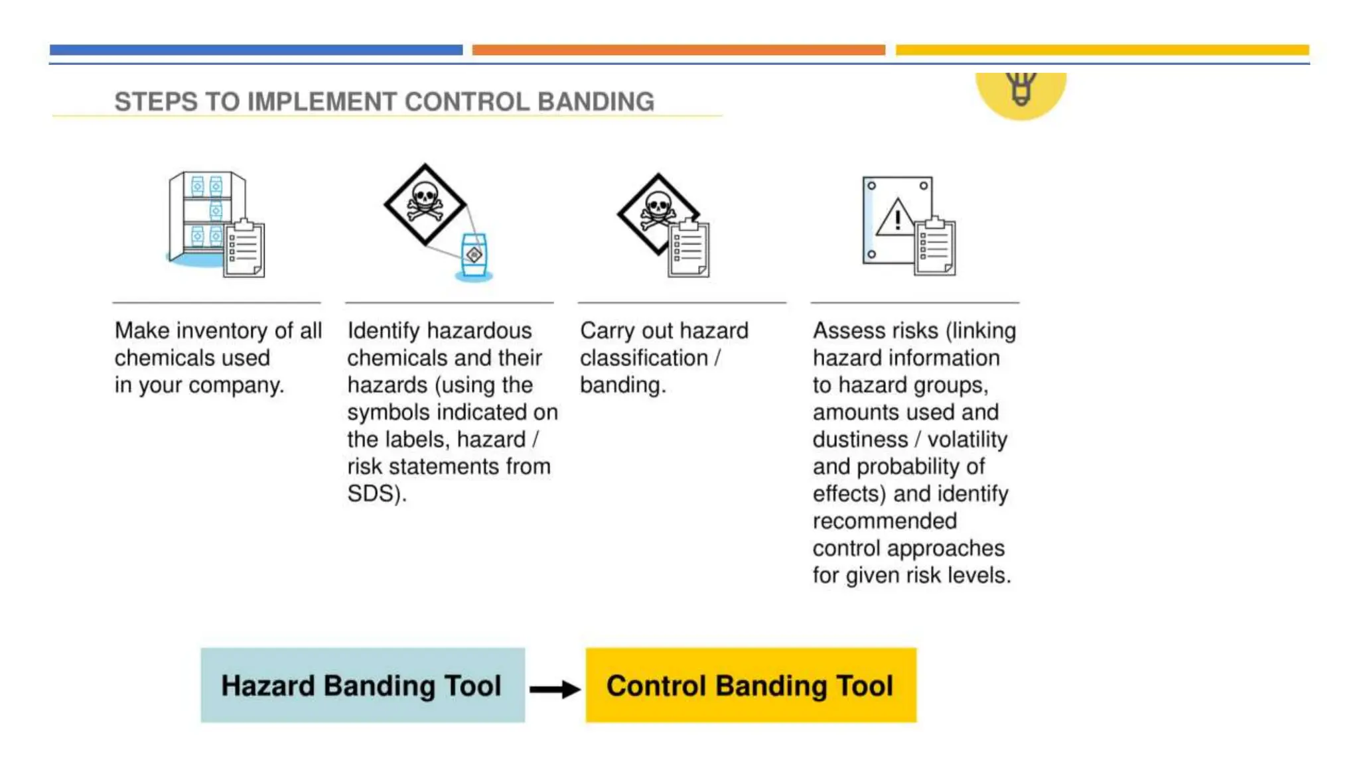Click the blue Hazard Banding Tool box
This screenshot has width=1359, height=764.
pyautogui.click(x=362, y=684)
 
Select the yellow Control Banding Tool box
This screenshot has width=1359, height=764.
pyautogui.click(x=751, y=684)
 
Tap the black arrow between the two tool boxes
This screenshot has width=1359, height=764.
pyautogui.click(x=555, y=689)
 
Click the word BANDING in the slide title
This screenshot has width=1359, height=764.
pyautogui.click(x=595, y=101)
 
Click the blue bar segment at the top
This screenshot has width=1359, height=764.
pyautogui.click(x=255, y=50)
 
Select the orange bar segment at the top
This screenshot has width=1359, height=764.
pyautogui.click(x=678, y=50)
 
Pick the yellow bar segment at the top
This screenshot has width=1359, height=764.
pyautogui.click(x=1102, y=50)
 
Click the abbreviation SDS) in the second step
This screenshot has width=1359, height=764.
pyautogui.click(x=376, y=493)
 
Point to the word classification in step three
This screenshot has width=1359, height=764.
pyautogui.click(x=644, y=357)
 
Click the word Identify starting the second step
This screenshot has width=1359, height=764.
pyautogui.click(x=383, y=330)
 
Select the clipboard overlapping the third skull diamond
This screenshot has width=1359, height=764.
pyautogui.click(x=689, y=249)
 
